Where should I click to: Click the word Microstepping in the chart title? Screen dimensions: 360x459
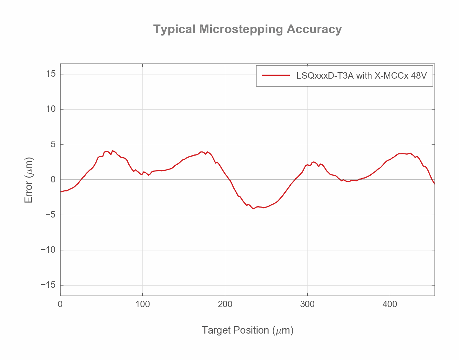pyautogui.click(x=241, y=29)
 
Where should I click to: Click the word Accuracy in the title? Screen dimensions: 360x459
pyautogui.click(x=314, y=29)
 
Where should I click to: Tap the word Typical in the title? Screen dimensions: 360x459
pyautogui.click(x=174, y=29)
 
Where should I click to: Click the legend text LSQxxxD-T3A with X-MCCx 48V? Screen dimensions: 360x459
pyautogui.click(x=362, y=76)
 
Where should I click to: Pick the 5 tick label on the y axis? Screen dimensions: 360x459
pyautogui.click(x=54, y=144)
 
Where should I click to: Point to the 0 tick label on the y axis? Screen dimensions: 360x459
pyautogui.click(x=54, y=180)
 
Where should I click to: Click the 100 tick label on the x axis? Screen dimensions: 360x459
pyautogui.click(x=142, y=304)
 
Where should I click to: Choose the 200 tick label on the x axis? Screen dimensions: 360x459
pyautogui.click(x=225, y=304)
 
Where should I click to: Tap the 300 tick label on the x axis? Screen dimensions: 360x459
pyautogui.click(x=308, y=304)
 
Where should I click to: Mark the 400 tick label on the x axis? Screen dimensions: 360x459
pyautogui.click(x=390, y=304)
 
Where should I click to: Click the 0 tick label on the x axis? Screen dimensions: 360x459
pyautogui.click(x=60, y=304)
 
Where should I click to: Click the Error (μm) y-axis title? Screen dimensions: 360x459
pyautogui.click(x=29, y=180)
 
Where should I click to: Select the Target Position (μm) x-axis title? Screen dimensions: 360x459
pyautogui.click(x=248, y=330)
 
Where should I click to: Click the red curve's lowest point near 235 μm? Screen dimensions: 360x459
pyautogui.click(x=253, y=209)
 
